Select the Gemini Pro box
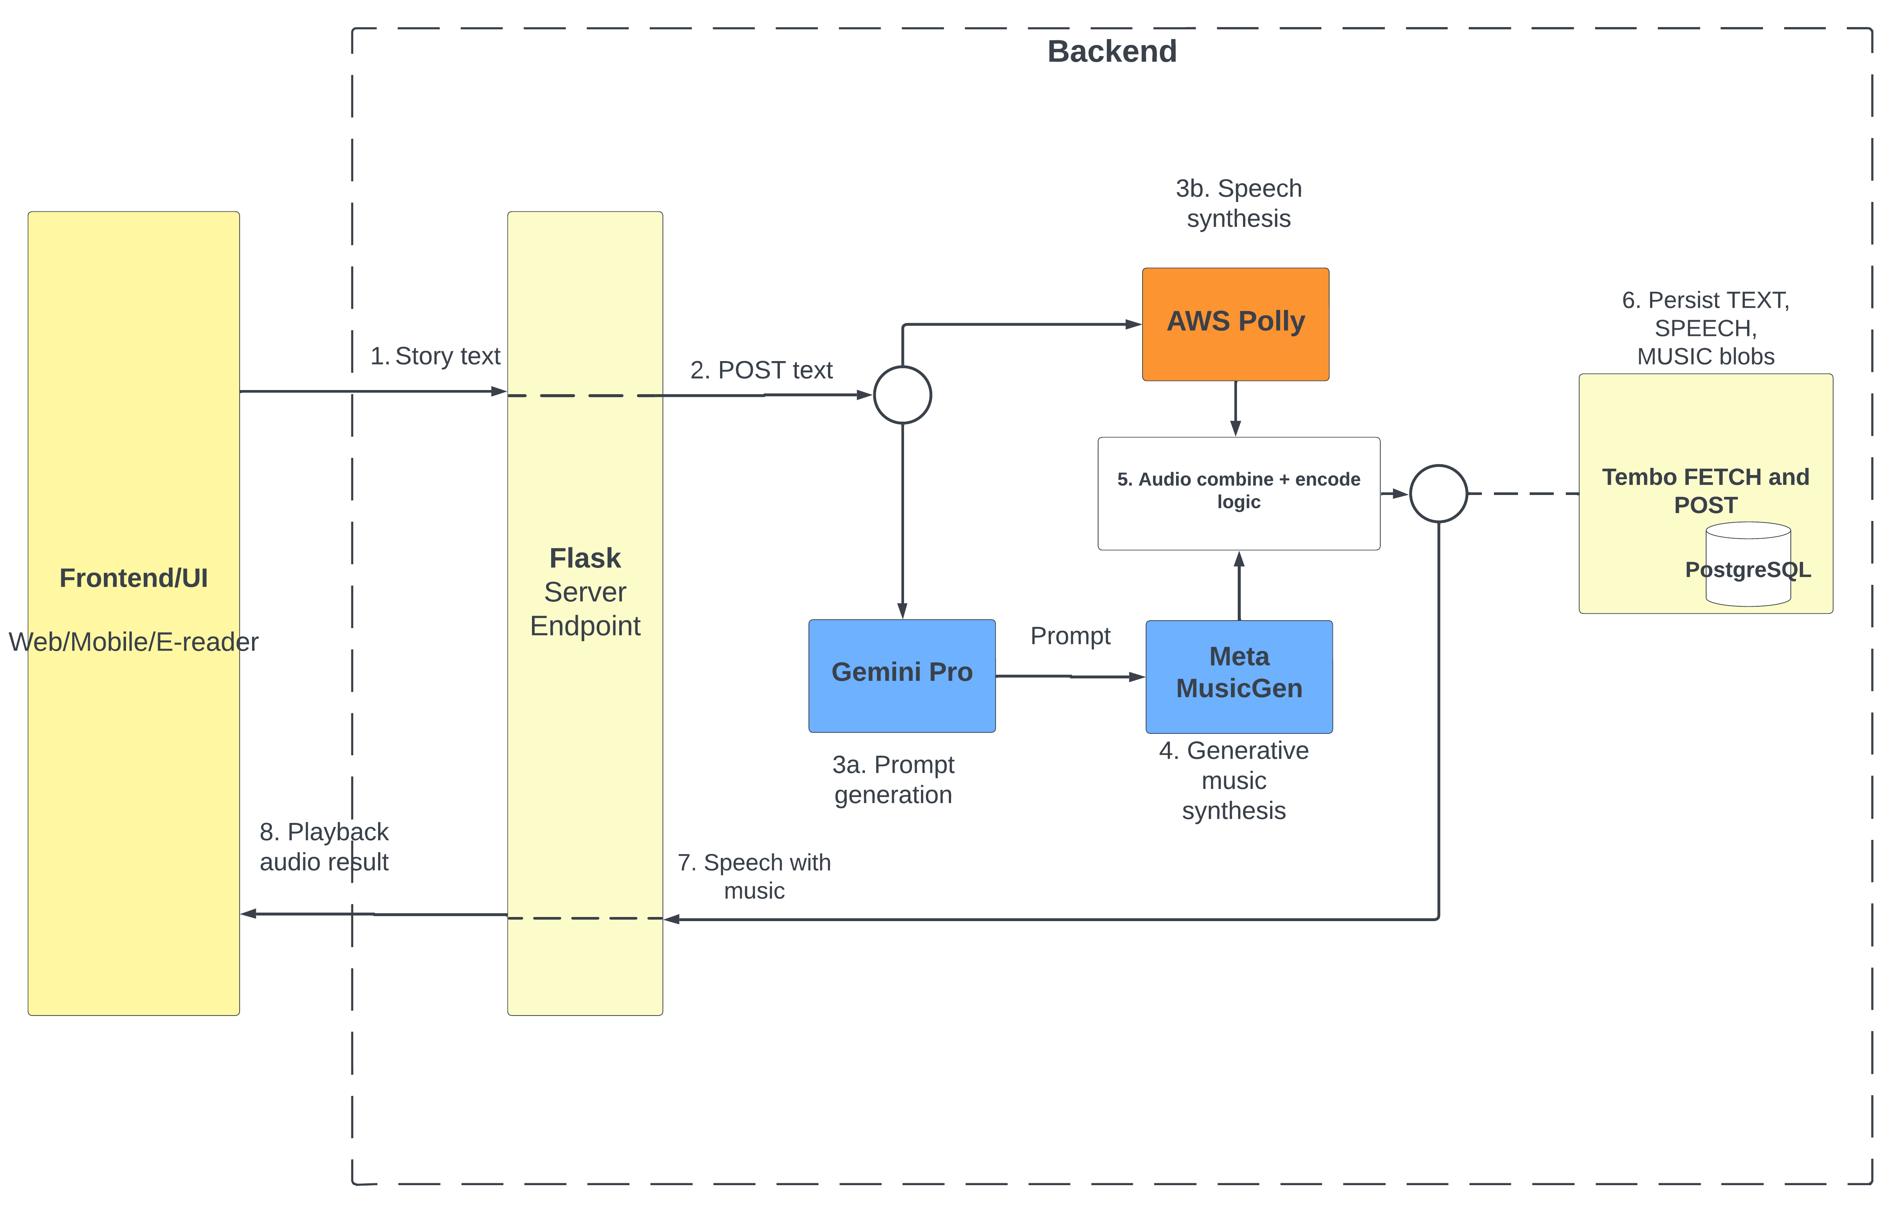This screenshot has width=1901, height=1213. [901, 676]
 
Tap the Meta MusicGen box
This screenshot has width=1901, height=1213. [1238, 676]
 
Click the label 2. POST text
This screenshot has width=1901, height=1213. [761, 370]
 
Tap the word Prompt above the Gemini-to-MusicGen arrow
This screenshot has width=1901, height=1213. [1070, 636]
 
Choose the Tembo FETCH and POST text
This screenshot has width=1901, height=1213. [1705, 491]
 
